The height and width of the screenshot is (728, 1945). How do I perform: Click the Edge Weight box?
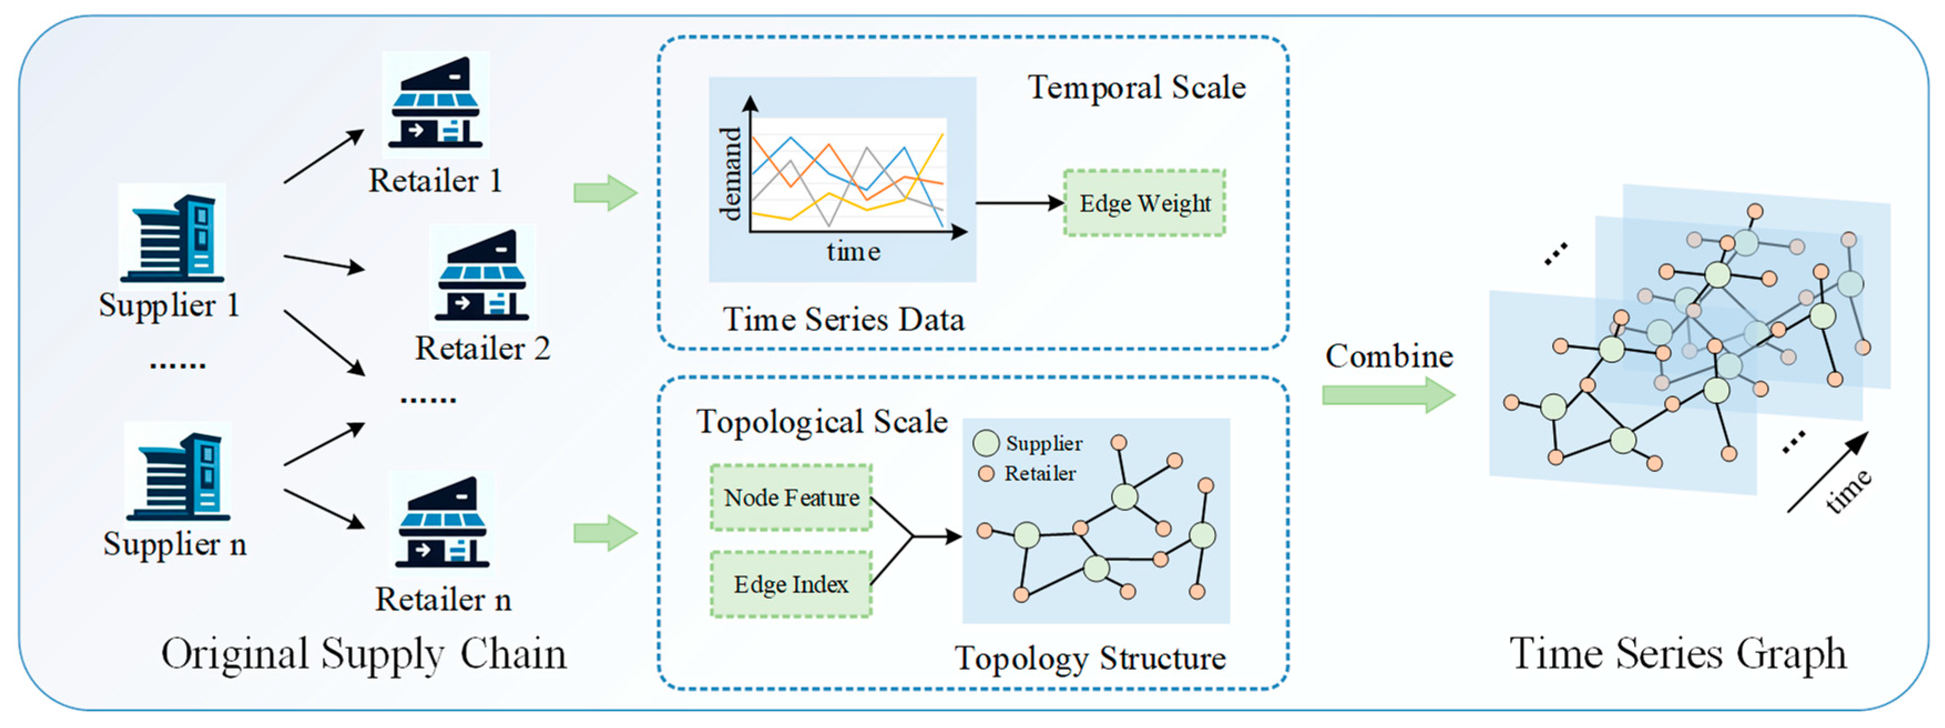tap(1144, 203)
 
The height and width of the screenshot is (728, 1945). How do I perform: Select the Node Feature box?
tap(791, 498)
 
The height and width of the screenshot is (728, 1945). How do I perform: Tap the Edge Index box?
tap(791, 584)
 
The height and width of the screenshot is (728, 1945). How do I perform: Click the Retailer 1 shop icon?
tap(436, 104)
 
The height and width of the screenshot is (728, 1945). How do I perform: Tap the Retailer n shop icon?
tap(442, 523)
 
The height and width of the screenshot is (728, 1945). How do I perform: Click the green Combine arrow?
tap(1387, 395)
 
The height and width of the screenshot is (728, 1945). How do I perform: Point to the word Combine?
tap(1389, 357)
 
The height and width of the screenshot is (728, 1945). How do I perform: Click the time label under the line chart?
tap(853, 252)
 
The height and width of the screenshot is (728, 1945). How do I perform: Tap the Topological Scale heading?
tap(821, 421)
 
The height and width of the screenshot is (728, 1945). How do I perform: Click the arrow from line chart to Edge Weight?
tap(1019, 203)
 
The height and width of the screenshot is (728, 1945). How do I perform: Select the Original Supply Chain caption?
tap(364, 654)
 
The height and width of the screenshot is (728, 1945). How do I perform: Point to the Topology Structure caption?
tap(1089, 659)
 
